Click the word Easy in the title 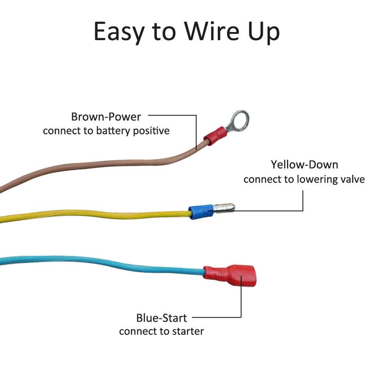[x=119, y=32]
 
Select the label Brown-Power [x=106, y=117]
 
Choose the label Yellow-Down [x=304, y=164]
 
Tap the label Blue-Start [x=161, y=318]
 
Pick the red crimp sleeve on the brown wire [x=215, y=136]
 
